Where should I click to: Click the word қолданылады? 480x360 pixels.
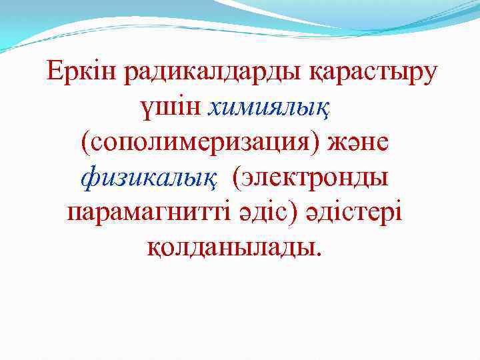click(x=229, y=249)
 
